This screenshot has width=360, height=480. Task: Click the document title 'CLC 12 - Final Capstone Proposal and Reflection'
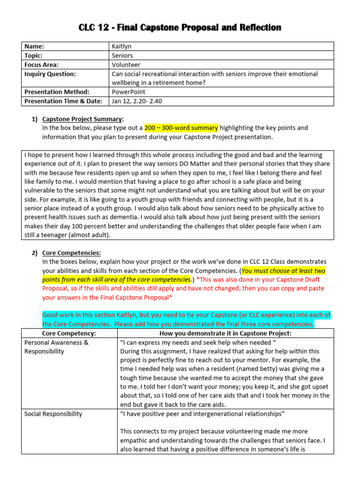180,28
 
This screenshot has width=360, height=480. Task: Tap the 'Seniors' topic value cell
122,56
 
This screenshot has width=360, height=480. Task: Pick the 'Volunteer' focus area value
126,65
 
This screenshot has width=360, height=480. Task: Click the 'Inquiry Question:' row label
50,74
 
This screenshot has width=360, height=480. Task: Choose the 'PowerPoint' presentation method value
128,92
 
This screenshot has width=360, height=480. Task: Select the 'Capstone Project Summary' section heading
82,119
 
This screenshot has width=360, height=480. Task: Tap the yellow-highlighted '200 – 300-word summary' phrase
181,128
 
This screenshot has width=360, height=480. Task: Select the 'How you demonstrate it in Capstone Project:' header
225,333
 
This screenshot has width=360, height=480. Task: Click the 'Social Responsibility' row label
53,414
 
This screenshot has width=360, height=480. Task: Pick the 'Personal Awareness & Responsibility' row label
56,347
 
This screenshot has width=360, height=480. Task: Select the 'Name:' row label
34,46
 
